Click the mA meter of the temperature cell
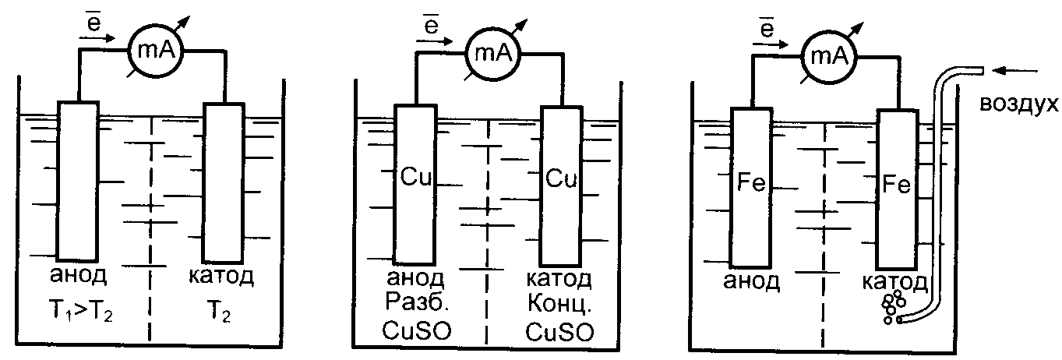[x=153, y=51]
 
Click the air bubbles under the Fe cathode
[x=892, y=306]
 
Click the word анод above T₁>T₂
[x=81, y=277]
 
